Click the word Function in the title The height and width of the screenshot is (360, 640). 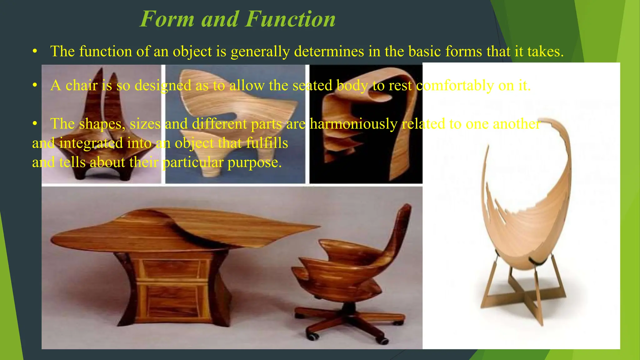(x=290, y=19)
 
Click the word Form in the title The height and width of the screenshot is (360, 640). (x=167, y=19)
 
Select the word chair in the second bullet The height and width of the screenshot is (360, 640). (x=82, y=85)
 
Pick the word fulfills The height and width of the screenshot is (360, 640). (x=267, y=143)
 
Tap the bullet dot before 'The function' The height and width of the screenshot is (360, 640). (x=35, y=52)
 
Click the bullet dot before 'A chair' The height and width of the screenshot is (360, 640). (x=35, y=85)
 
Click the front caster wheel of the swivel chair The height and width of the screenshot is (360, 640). (x=313, y=337)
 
